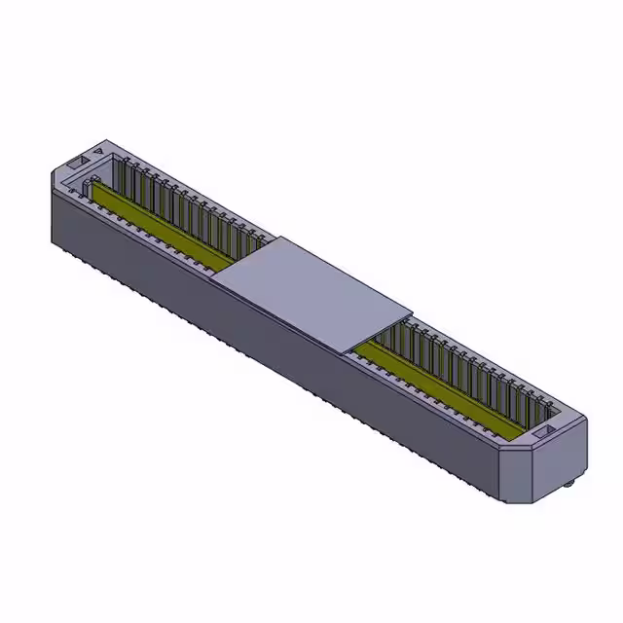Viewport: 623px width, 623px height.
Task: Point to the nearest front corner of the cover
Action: (345, 348)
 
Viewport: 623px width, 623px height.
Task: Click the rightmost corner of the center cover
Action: (413, 311)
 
